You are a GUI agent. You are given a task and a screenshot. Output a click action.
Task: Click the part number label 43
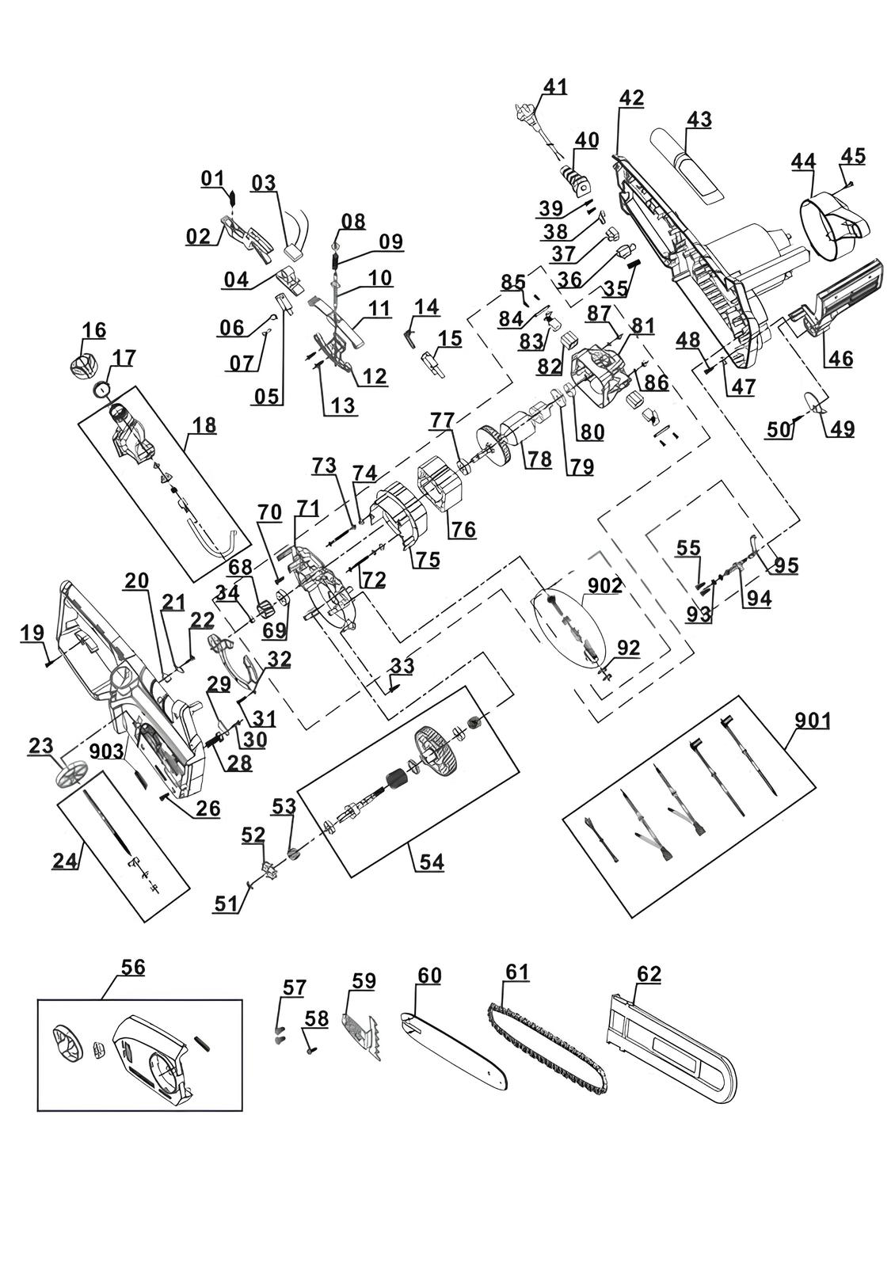(699, 120)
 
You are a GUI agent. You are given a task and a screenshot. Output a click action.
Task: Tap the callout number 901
(813, 721)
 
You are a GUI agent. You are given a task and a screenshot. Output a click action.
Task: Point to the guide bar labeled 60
(454, 1049)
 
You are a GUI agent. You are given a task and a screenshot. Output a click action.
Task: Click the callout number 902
(605, 585)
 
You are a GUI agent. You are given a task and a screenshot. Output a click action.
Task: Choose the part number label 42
(631, 97)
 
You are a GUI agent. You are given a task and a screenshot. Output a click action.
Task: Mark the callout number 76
(463, 530)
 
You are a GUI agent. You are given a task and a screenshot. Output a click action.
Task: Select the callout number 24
(66, 860)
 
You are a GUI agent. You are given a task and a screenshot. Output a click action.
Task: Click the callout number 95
(786, 565)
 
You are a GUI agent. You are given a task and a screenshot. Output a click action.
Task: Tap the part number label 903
(106, 751)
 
